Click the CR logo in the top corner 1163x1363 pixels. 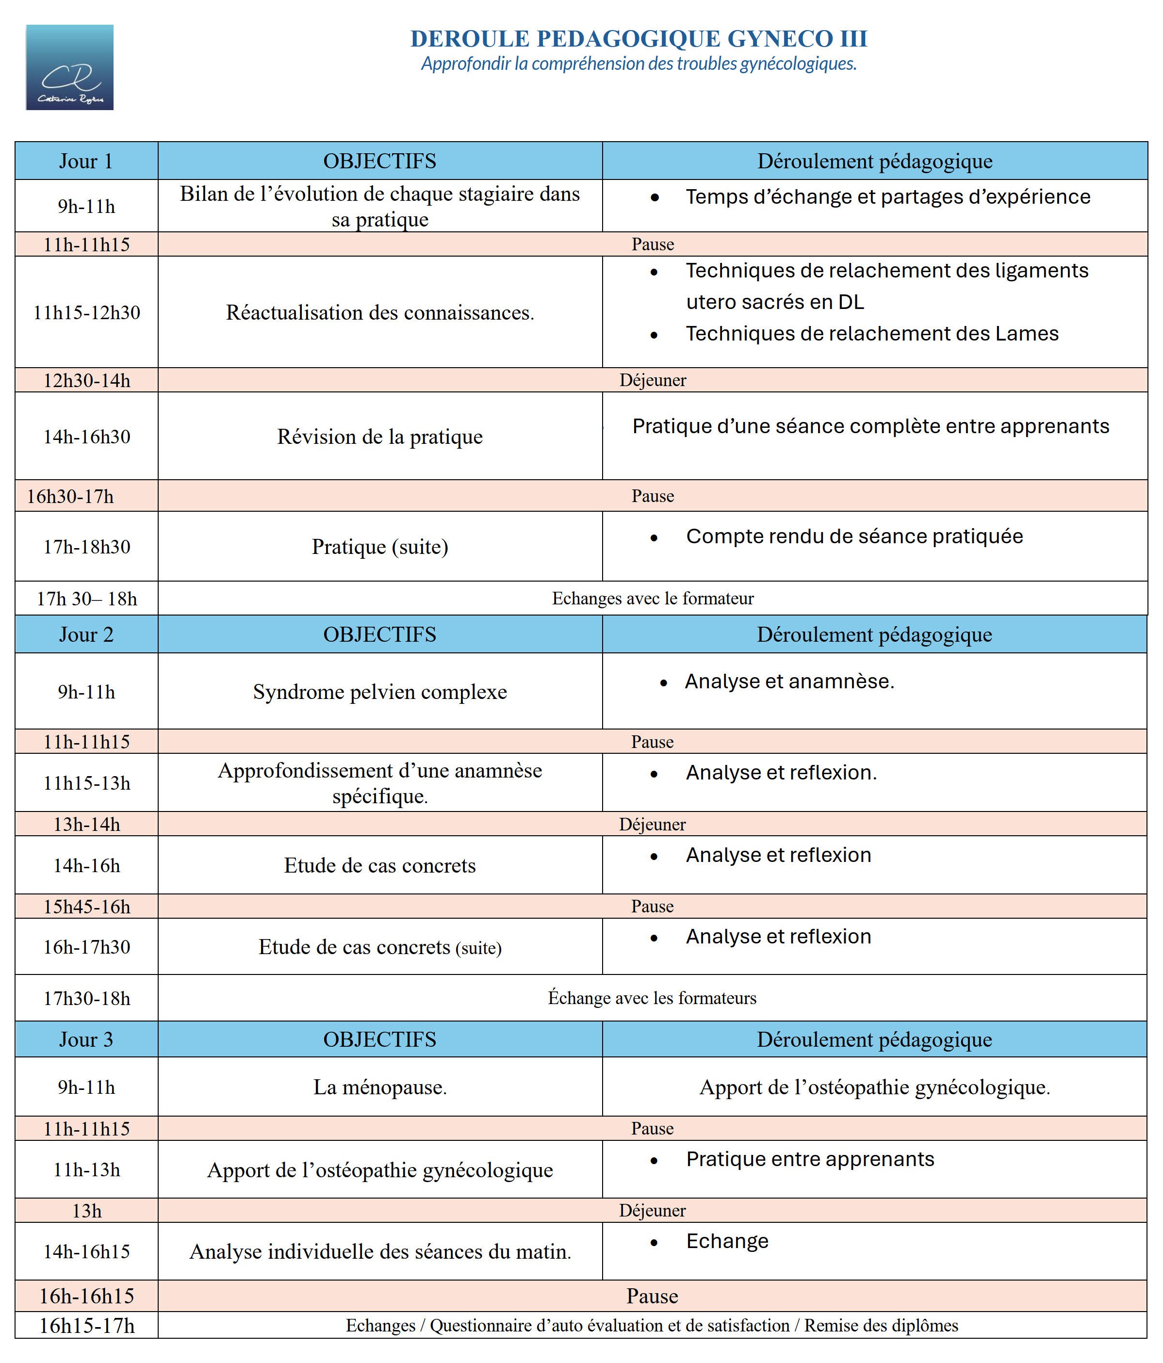[70, 67]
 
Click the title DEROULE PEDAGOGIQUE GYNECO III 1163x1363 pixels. [639, 39]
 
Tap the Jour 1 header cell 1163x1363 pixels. [86, 161]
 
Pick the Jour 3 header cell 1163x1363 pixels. [86, 1039]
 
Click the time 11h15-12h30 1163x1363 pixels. [86, 312]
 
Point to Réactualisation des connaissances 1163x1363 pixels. [380, 312]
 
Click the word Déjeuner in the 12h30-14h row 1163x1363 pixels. [652, 380]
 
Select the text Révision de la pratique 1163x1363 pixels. [380, 437]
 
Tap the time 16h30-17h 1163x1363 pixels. [70, 496]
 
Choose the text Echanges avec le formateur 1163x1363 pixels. [652, 599]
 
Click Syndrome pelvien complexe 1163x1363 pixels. [380, 692]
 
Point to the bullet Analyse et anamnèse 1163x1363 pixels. [789, 681]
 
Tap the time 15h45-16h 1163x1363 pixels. [86, 907]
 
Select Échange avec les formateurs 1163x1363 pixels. [652, 998]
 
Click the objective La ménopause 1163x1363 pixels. [380, 1087]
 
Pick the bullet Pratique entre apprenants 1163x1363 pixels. [810, 1159]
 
